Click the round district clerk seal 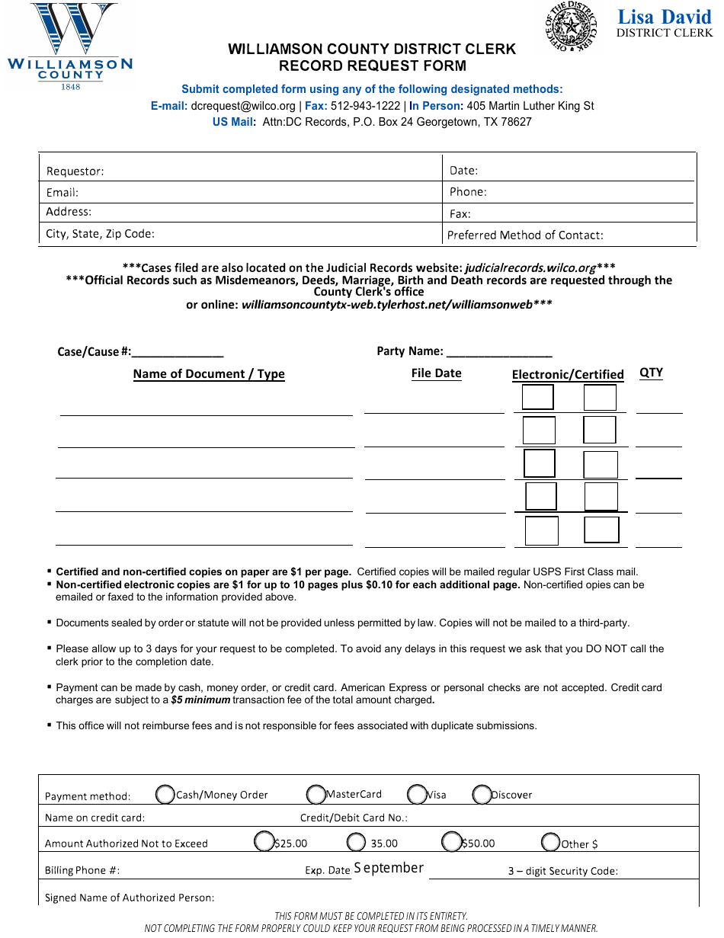571,28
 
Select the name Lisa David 665,17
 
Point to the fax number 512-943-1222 364,106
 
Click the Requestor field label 75,171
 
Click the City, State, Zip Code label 100,234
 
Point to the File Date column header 436,373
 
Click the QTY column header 651,373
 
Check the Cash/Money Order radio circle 165,795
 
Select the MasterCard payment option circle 316,795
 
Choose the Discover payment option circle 482,795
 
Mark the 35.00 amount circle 356,842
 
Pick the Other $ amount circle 551,843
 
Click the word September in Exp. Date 389,868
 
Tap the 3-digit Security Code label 562,871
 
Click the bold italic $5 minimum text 200,700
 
